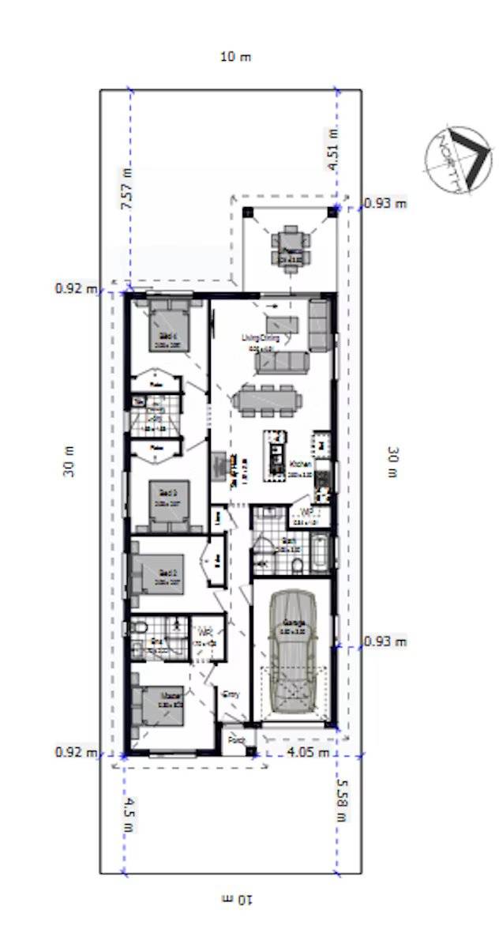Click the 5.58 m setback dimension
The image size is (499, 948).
click(341, 799)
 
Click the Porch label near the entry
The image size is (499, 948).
click(234, 740)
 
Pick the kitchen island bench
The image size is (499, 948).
click(276, 453)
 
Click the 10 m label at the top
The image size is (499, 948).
click(235, 57)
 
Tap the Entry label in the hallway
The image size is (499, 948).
click(231, 694)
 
